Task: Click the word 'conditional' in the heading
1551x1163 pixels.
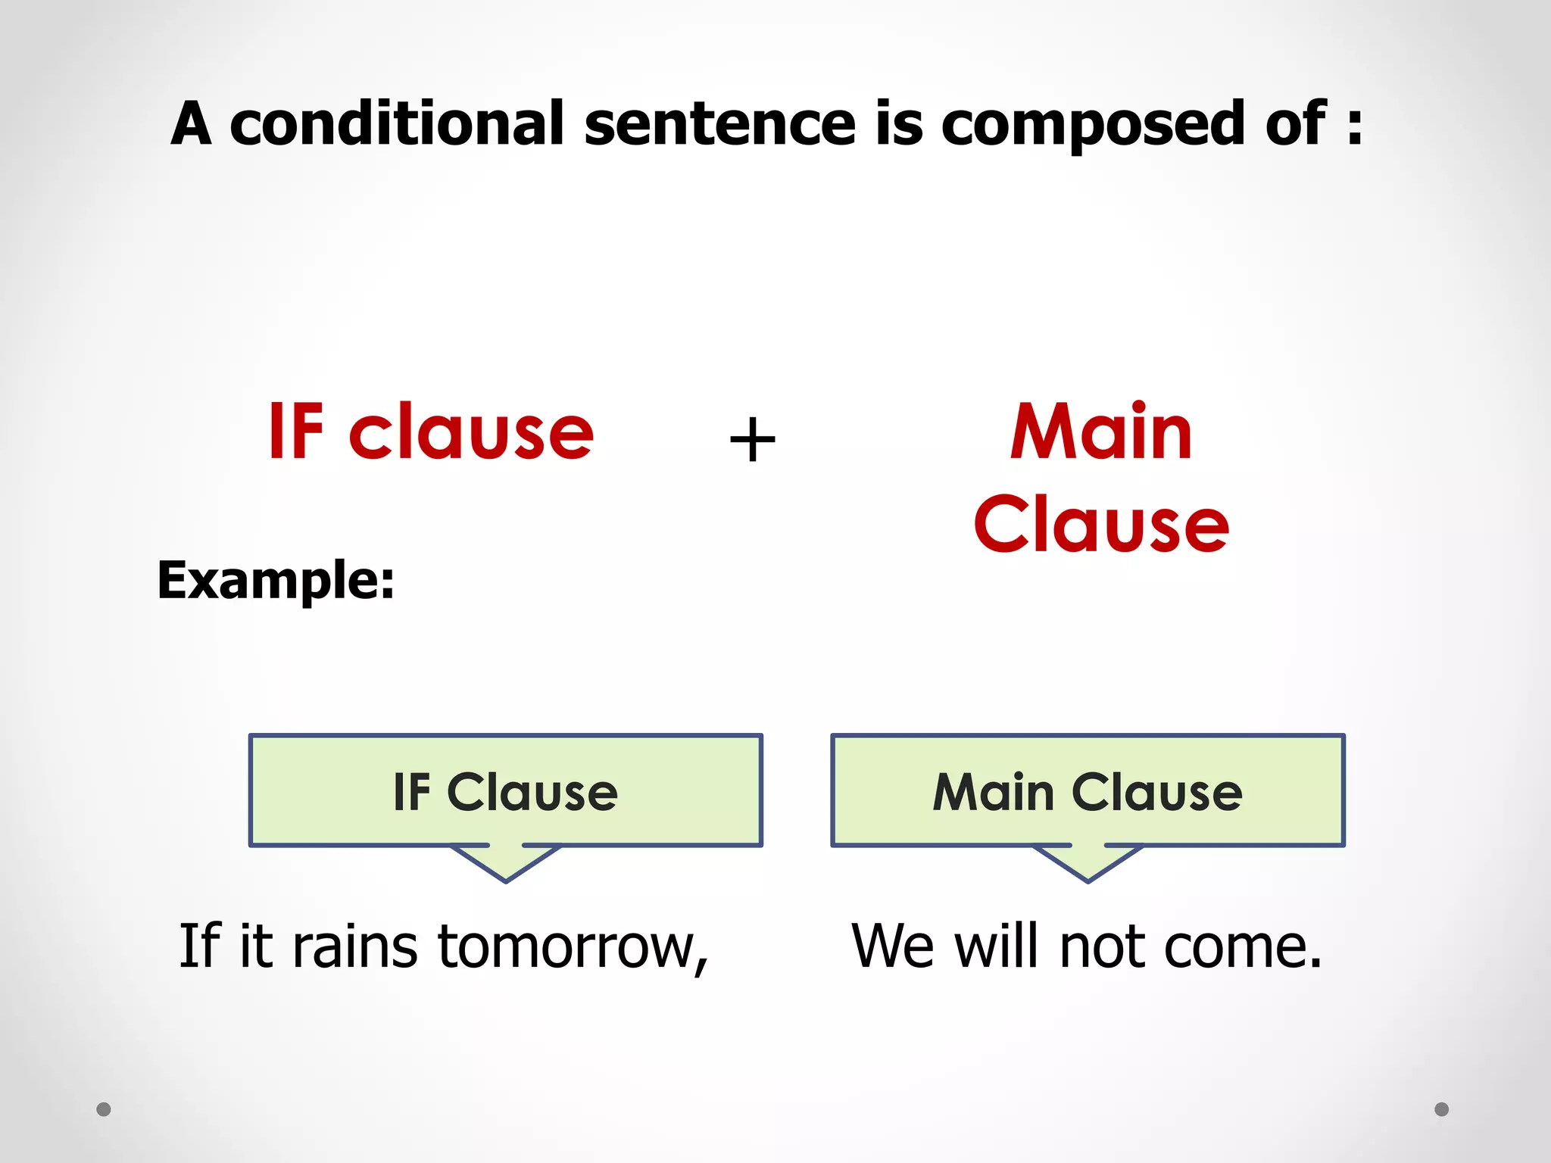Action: click(x=397, y=123)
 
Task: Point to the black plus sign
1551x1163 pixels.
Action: click(x=752, y=440)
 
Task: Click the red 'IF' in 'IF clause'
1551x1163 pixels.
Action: click(x=296, y=432)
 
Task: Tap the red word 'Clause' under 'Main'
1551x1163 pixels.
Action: click(x=1101, y=524)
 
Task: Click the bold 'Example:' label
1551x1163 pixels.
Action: click(x=276, y=581)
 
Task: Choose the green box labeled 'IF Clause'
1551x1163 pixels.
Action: click(x=505, y=790)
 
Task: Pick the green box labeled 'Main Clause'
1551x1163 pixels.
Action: click(x=1088, y=790)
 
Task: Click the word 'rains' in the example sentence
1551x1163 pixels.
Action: click(x=354, y=947)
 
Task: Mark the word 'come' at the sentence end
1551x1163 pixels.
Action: click(x=1234, y=949)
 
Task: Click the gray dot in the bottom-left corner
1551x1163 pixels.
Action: click(x=104, y=1109)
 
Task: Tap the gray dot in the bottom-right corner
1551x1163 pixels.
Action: click(x=1442, y=1109)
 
